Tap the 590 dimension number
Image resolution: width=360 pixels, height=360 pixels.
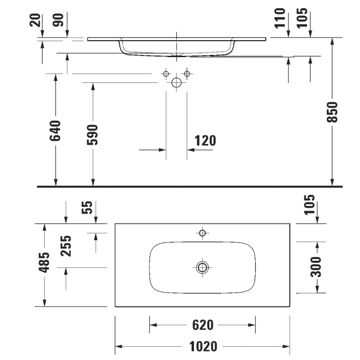coord(93,135)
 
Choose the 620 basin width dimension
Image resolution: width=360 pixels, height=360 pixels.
coord(203,325)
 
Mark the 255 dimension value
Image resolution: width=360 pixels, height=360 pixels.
coord(66,246)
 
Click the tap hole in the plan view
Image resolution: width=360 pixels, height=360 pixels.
coord(202,233)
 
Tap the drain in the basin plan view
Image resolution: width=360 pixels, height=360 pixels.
coord(202,267)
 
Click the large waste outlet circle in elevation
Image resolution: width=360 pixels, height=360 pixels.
coord(176,82)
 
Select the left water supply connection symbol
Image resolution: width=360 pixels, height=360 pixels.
coord(166,74)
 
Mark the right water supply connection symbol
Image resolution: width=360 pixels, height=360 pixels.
coord(187,74)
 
